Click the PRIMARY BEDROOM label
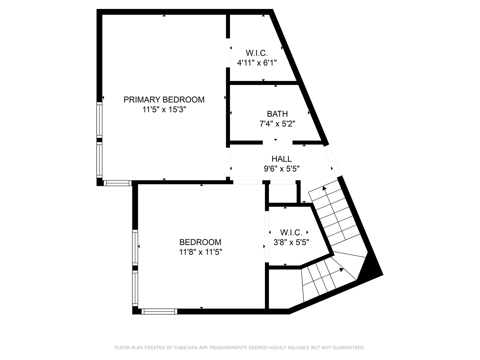click(164, 99)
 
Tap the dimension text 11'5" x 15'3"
click(164, 109)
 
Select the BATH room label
click(277, 114)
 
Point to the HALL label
click(282, 159)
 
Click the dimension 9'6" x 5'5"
click(282, 169)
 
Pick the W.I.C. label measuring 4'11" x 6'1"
click(257, 53)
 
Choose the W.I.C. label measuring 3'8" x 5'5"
click(291, 232)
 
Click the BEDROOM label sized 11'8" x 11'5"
click(200, 242)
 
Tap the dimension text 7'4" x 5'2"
click(277, 124)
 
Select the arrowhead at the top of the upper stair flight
click(324, 188)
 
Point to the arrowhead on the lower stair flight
click(341, 270)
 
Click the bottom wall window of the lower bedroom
click(159, 311)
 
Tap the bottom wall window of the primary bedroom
click(117, 183)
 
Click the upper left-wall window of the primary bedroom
click(99, 120)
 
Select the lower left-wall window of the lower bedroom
click(135, 288)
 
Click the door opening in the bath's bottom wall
click(277, 143)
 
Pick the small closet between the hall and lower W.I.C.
click(283, 193)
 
